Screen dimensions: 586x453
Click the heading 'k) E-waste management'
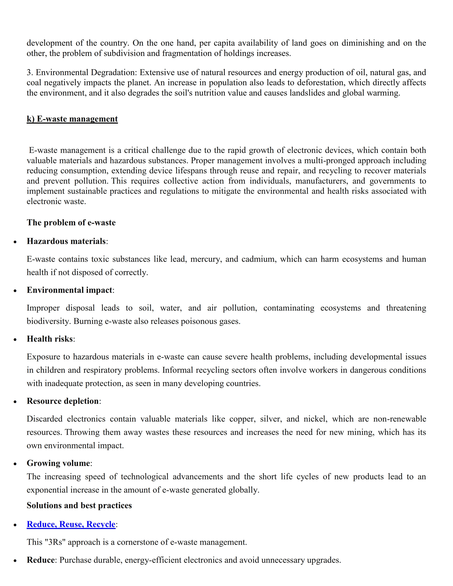[72, 119]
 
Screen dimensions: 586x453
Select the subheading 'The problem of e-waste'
[71, 223]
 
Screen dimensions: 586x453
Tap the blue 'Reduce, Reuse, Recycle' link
[71, 524]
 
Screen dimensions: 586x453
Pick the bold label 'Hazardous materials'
[66, 241]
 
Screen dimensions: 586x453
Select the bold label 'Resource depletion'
[63, 401]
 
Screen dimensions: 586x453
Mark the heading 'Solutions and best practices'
[79, 506]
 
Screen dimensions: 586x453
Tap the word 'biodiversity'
[49, 321]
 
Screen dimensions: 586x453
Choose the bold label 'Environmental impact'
[69, 290]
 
